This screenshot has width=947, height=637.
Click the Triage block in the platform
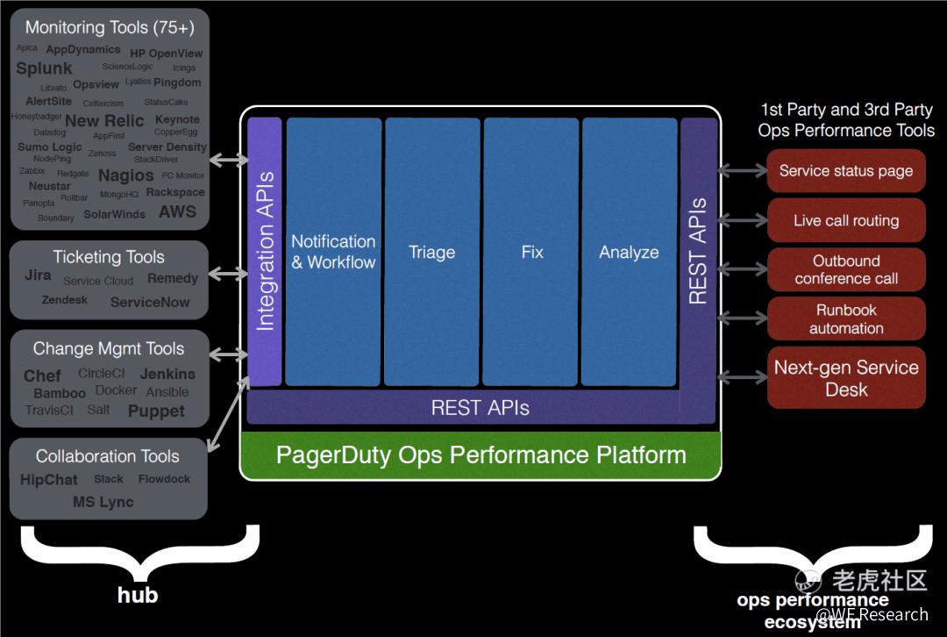[432, 252]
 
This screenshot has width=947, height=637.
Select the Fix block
[531, 252]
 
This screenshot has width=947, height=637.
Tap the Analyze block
[629, 252]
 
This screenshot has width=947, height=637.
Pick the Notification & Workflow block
[333, 252]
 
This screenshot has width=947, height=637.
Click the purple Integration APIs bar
[265, 252]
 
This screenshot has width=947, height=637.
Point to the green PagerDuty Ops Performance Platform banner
[481, 455]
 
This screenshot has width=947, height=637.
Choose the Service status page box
[846, 171]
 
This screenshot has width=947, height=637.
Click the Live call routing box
[846, 220]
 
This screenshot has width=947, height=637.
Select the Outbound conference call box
[846, 269]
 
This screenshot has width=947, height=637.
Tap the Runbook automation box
[846, 318]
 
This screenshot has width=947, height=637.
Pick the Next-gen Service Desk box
[846, 378]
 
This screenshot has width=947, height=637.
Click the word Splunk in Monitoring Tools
[44, 68]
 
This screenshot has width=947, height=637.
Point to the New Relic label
[104, 121]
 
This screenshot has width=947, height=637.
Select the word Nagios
[125, 175]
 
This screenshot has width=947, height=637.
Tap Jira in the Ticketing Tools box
[38, 276]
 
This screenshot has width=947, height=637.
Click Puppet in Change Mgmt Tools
[156, 411]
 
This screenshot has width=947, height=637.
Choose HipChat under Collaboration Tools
[49, 480]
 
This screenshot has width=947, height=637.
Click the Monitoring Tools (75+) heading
[110, 28]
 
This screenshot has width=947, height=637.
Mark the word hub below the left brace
[138, 595]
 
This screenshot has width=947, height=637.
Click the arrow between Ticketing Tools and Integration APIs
[228, 275]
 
